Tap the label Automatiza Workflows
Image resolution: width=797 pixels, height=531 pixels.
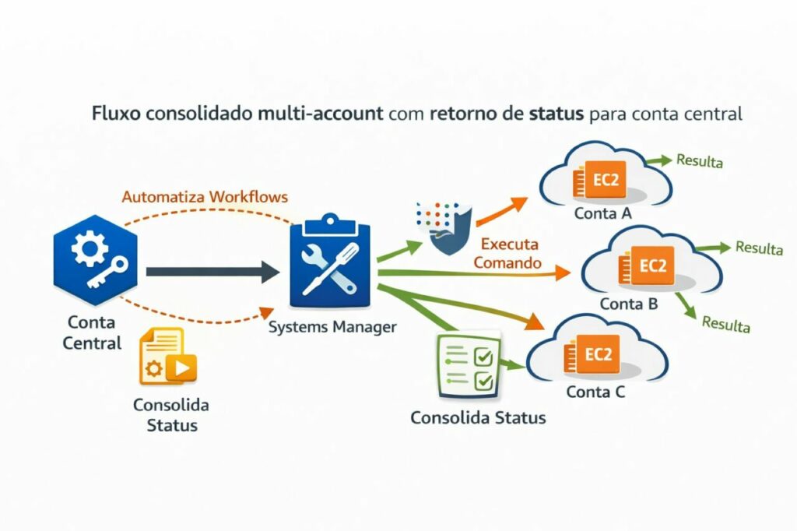click(205, 196)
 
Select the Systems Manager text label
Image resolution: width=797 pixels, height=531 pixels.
click(332, 328)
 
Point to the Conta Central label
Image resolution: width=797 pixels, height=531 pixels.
click(93, 332)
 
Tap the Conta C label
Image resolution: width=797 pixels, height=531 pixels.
click(595, 392)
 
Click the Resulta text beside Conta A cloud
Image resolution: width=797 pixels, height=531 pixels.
click(700, 162)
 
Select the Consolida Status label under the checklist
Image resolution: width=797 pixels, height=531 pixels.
click(478, 417)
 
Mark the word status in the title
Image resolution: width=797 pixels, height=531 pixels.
click(556, 114)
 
